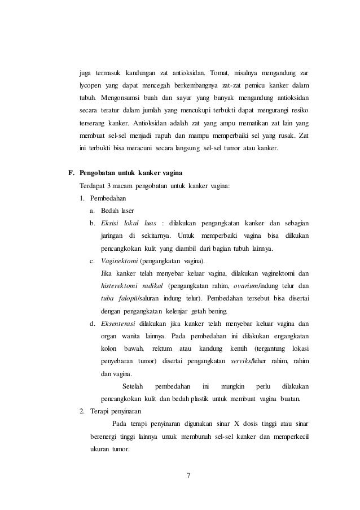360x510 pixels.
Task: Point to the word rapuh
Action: point(159,136)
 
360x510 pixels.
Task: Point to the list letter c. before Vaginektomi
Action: point(93,261)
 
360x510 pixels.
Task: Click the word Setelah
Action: point(133,386)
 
